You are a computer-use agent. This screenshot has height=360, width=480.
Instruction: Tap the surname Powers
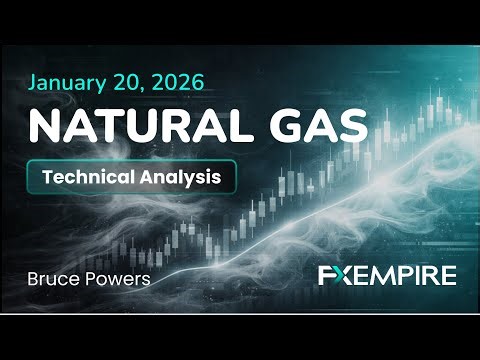coord(116,277)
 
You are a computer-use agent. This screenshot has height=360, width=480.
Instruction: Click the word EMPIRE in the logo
coord(404,276)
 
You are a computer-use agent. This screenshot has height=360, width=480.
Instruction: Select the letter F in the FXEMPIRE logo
coord(324,276)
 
